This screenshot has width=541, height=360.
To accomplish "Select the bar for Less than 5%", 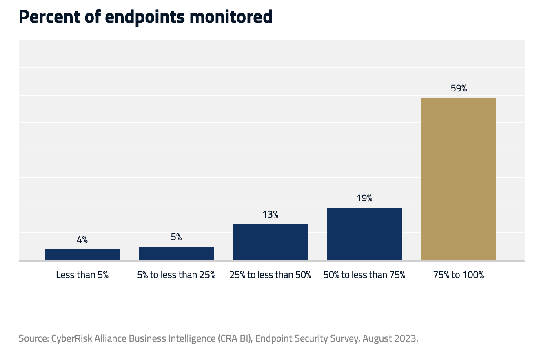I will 82,254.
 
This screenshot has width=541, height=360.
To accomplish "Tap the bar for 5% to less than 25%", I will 176,253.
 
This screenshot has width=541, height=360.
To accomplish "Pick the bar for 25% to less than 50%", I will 270,242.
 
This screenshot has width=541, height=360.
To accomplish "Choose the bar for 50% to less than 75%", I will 364,233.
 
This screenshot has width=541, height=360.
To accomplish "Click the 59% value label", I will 459,88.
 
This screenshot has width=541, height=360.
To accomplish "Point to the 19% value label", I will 364,198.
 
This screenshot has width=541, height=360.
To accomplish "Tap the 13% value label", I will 270,215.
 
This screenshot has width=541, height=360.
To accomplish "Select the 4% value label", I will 82,240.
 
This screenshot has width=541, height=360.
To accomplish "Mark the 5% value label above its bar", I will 176,237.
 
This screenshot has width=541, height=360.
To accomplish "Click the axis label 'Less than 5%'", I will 82,275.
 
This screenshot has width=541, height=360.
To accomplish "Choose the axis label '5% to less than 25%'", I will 176,275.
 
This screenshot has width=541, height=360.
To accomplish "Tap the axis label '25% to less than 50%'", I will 270,275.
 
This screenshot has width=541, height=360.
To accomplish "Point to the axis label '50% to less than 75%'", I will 364,275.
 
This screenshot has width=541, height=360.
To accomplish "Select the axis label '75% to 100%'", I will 459,275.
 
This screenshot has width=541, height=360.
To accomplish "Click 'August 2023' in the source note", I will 390,338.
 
